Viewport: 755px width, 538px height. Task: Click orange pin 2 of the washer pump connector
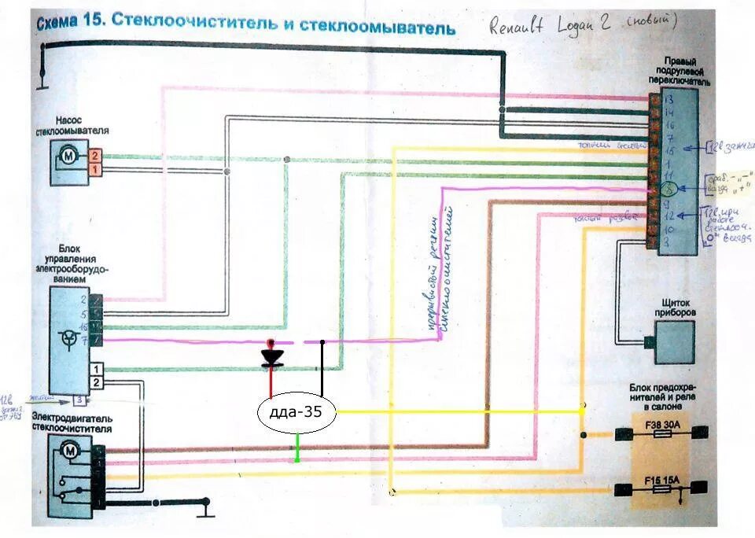click(x=95, y=156)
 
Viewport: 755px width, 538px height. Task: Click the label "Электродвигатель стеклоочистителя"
click(x=71, y=424)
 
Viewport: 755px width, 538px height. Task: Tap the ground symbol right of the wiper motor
click(x=206, y=505)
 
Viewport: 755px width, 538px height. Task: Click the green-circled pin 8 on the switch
click(x=667, y=189)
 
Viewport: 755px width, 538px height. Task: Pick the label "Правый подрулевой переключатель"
click(x=677, y=71)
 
